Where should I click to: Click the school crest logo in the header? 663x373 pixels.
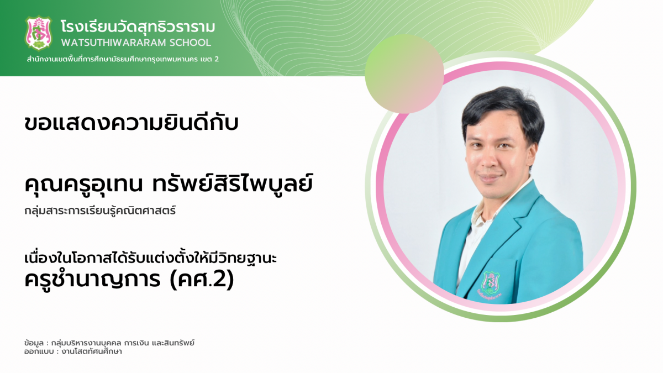tap(39, 33)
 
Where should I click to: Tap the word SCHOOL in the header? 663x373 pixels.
tap(190, 43)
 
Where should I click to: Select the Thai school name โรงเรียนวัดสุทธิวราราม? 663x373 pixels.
tap(138, 27)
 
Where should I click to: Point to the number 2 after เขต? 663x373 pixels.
tap(217, 59)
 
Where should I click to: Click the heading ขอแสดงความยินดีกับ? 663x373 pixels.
tap(131, 123)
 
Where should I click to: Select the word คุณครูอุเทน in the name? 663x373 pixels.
tap(84, 184)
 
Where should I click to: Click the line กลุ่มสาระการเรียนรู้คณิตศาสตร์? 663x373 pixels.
tap(100, 211)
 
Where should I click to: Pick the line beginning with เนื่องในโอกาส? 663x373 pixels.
tap(151, 258)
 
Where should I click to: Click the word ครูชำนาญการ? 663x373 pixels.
tap(92, 279)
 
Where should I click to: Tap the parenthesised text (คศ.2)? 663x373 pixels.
tap(202, 280)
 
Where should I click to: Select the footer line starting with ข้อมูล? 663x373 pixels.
tap(109, 343)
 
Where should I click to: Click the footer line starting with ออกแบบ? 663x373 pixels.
tap(73, 351)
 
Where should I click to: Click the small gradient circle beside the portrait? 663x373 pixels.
tap(404, 73)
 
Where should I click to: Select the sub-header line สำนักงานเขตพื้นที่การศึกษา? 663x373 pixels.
tap(123, 59)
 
